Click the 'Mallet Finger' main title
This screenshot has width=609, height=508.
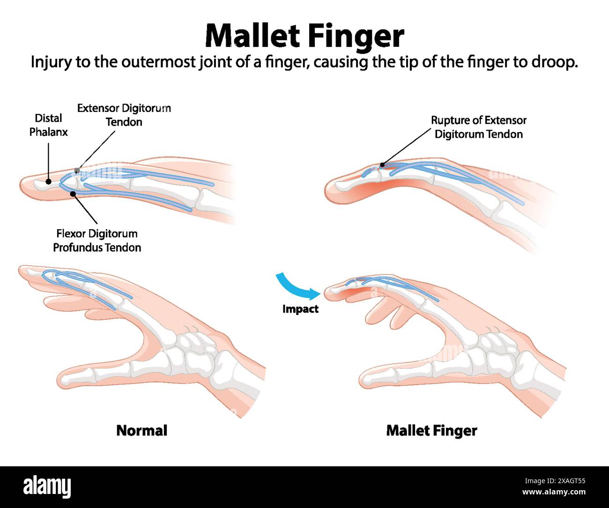304,36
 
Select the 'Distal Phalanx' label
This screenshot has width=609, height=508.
48,125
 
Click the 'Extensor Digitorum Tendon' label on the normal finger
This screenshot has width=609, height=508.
124,115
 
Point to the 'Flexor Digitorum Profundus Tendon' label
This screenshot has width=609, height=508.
97,240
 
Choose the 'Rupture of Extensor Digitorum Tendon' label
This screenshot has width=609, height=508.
478,127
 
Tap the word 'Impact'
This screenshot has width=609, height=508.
300,309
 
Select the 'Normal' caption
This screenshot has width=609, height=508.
141,430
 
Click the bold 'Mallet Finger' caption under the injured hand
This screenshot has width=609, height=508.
431,431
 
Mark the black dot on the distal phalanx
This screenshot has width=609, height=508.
48,181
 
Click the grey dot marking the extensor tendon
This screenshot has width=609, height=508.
77,171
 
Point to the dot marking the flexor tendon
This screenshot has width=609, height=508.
73,193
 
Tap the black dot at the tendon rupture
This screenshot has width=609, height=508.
382,164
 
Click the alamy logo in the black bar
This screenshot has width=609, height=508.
47,487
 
